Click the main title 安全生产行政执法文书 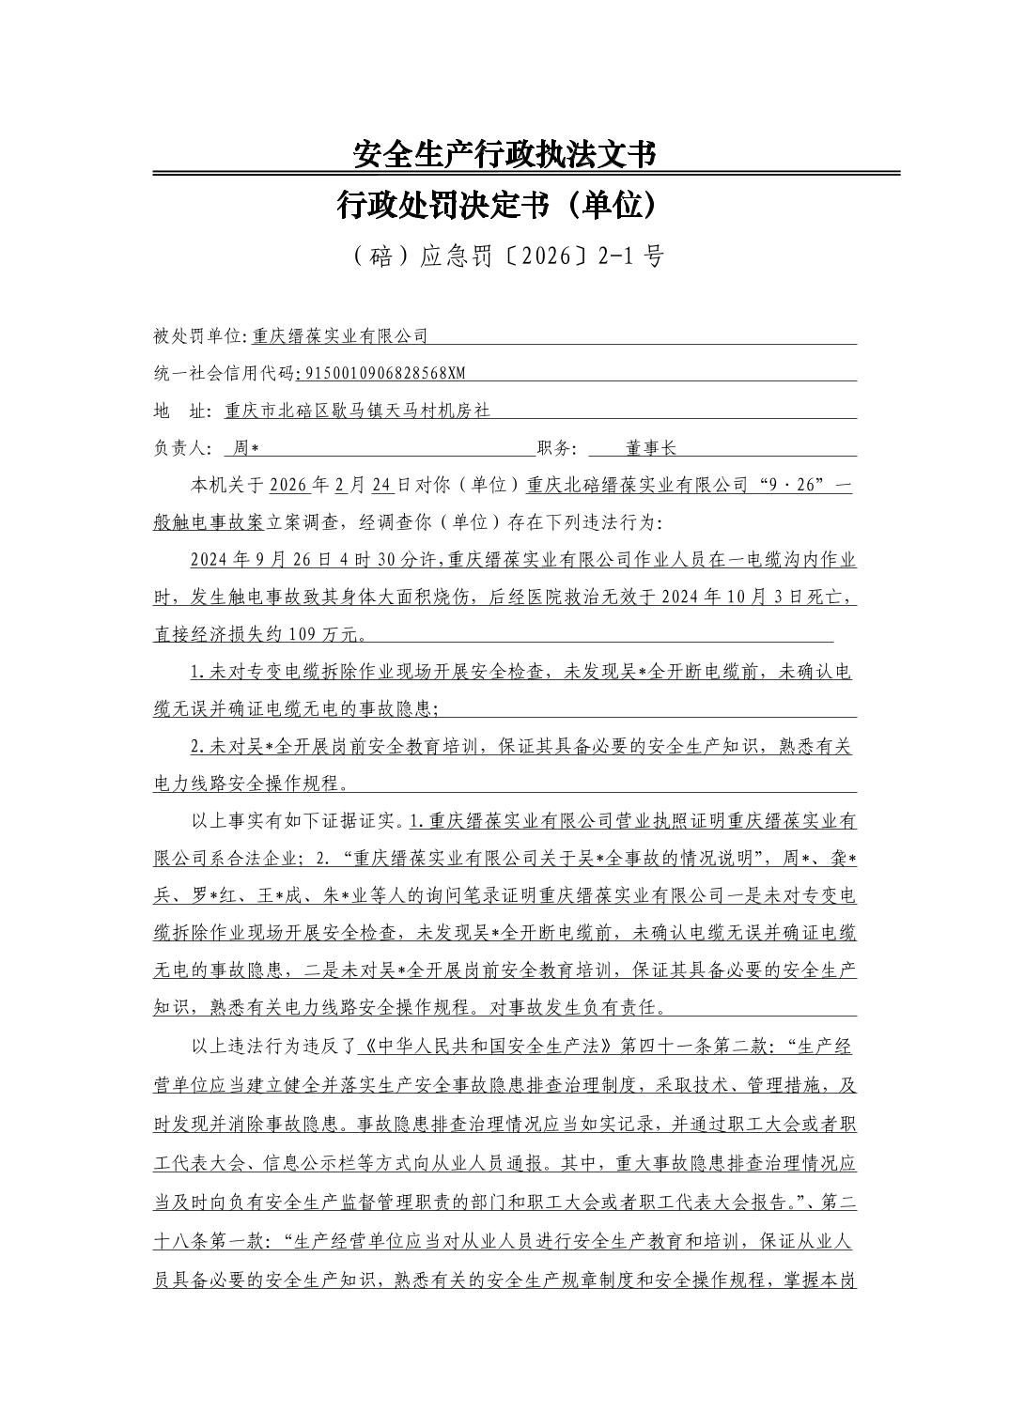point(504,154)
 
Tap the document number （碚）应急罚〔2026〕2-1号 point(504,256)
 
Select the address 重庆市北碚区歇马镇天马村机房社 point(358,411)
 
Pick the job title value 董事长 point(651,448)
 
